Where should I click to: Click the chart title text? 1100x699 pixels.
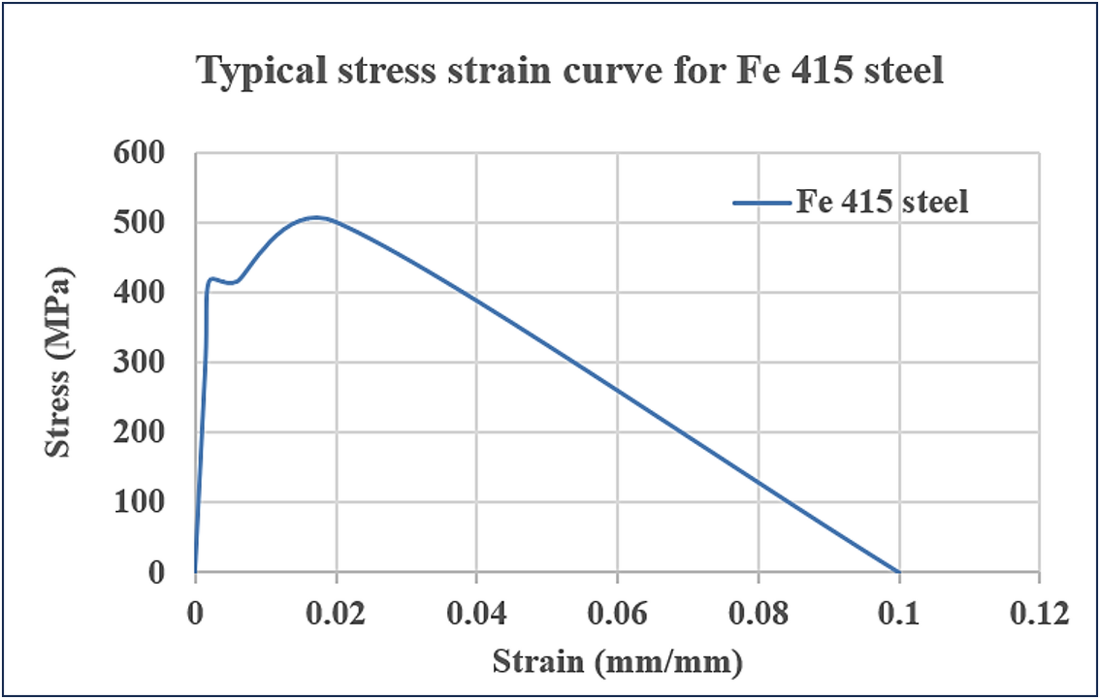pyautogui.click(x=570, y=70)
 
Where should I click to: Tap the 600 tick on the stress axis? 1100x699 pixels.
pyautogui.click(x=139, y=153)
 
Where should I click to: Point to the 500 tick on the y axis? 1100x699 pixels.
pyautogui.click(x=139, y=223)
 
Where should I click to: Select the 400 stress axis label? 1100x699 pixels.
pyautogui.click(x=139, y=293)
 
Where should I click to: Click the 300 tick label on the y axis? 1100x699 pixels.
pyautogui.click(x=139, y=362)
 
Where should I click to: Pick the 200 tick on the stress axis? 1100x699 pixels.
pyautogui.click(x=139, y=432)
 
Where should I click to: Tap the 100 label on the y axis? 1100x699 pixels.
pyautogui.click(x=139, y=502)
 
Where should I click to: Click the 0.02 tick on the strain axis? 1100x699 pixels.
pyautogui.click(x=335, y=614)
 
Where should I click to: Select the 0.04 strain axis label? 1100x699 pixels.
pyautogui.click(x=476, y=614)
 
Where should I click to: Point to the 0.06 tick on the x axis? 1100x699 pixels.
pyautogui.click(x=617, y=614)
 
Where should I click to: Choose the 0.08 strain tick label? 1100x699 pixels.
pyautogui.click(x=758, y=614)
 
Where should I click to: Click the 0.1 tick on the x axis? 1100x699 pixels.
pyautogui.click(x=898, y=614)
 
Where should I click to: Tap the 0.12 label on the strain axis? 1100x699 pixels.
pyautogui.click(x=1039, y=614)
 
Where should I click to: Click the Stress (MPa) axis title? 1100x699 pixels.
pyautogui.click(x=58, y=362)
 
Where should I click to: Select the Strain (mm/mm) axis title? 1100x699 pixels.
pyautogui.click(x=617, y=662)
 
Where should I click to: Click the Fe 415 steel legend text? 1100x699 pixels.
pyautogui.click(x=882, y=201)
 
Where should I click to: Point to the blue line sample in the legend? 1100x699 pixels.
pyautogui.click(x=762, y=203)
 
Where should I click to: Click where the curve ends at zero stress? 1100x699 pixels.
pyautogui.click(x=898, y=572)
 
